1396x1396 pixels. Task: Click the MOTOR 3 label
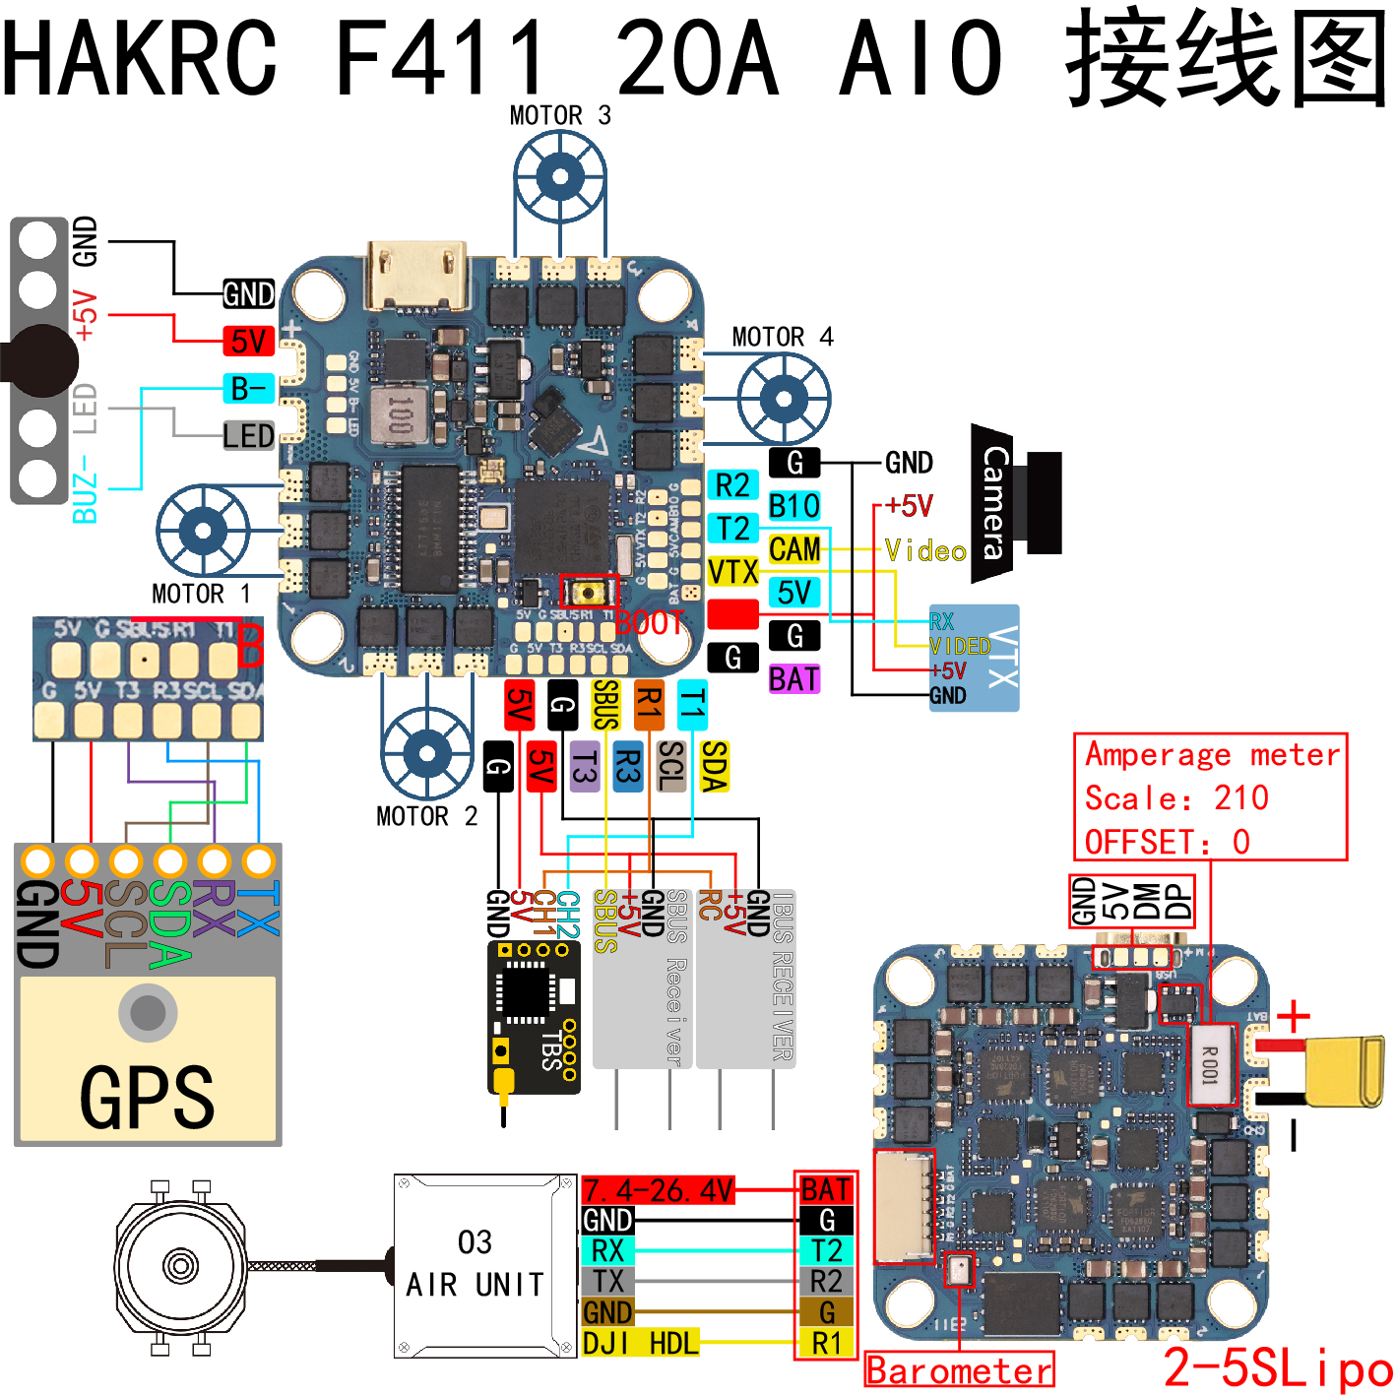(x=560, y=116)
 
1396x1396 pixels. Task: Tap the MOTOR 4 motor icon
(x=784, y=399)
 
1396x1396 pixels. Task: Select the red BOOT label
(x=649, y=622)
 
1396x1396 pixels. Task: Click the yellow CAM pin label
(x=793, y=549)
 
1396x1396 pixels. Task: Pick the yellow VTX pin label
(x=732, y=572)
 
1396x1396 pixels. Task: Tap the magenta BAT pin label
(x=793, y=679)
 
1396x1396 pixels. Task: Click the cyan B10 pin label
(x=793, y=506)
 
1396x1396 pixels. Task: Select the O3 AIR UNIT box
(x=476, y=1265)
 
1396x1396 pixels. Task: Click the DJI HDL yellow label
(x=640, y=1343)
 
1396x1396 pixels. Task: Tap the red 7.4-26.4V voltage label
(x=658, y=1190)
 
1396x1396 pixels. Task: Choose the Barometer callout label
(x=959, y=1370)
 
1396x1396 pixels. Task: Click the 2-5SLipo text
(x=1277, y=1368)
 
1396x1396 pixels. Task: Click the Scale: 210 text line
(x=1176, y=797)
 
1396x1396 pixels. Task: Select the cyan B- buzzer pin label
(x=248, y=389)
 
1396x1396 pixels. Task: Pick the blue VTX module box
(x=974, y=658)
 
